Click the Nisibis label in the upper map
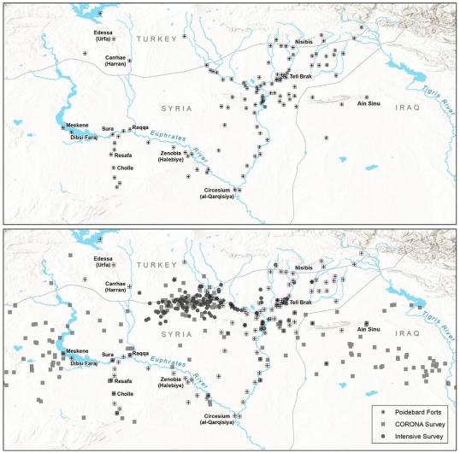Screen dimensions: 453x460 (x=304, y=39)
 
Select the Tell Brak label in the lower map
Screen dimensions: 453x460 (x=303, y=303)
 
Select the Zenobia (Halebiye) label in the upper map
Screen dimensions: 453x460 (x=174, y=158)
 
